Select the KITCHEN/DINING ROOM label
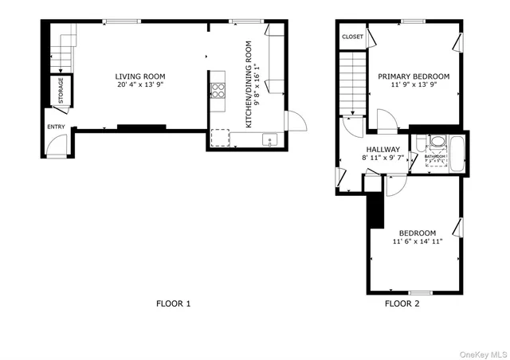click(249, 84)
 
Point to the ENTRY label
click(56, 127)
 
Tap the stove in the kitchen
click(218, 90)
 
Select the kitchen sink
click(270, 141)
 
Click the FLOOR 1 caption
click(172, 303)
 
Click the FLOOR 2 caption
click(402, 303)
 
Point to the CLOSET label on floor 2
click(352, 37)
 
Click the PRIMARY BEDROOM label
click(414, 76)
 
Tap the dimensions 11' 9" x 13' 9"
click(414, 84)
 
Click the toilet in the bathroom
click(436, 143)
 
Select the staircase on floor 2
click(352, 83)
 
